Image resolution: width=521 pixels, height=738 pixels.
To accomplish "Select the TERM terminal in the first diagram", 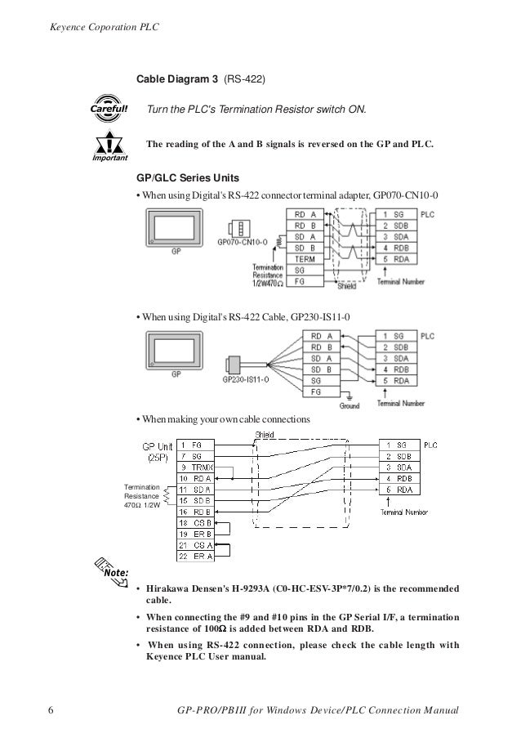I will pyautogui.click(x=305, y=258).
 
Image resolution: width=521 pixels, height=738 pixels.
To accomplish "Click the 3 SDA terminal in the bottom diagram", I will pyautogui.click(x=400, y=467).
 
